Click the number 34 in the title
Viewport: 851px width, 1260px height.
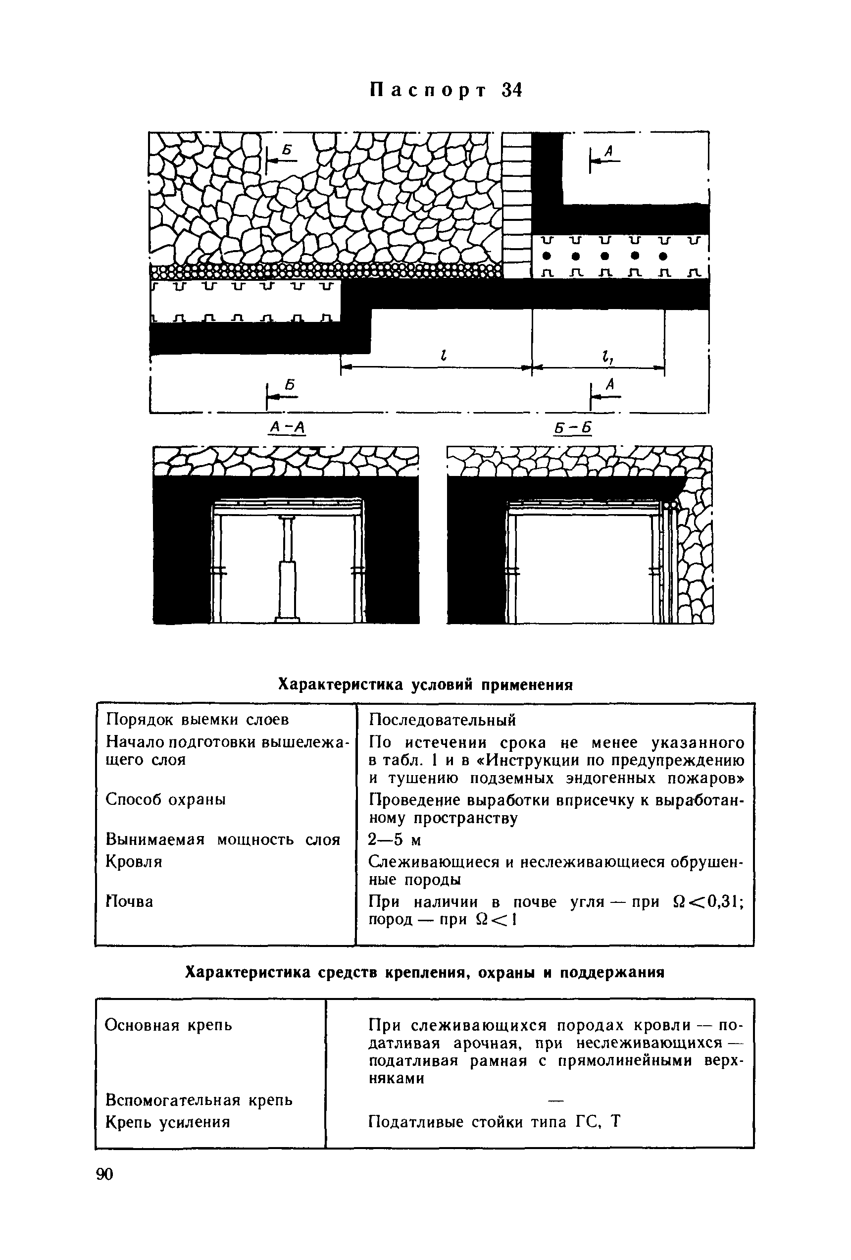[512, 90]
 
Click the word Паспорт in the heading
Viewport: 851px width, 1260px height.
[428, 90]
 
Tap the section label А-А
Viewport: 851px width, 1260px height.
[287, 428]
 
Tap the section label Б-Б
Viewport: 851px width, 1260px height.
[573, 428]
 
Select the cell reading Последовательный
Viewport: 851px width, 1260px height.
[442, 720]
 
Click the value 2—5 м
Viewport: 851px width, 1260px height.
[395, 840]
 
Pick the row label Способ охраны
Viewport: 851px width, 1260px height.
[166, 799]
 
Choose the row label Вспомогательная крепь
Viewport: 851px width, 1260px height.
[199, 1100]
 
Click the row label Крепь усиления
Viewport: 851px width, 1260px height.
[167, 1121]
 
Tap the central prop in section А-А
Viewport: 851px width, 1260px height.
[287, 569]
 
